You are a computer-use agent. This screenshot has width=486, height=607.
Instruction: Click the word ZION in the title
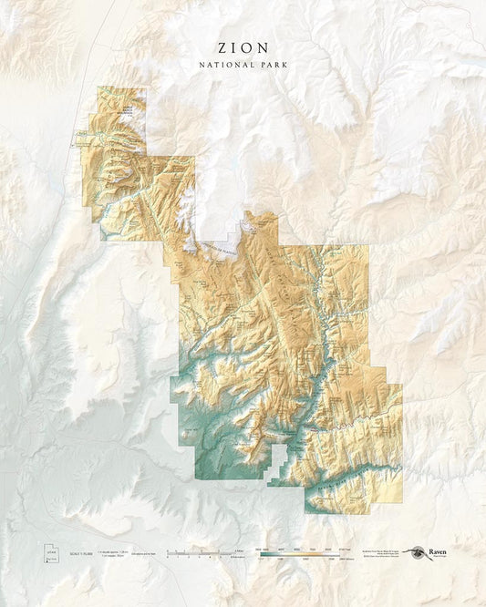pos(243,46)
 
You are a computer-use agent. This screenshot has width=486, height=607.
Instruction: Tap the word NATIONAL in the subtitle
pos(226,66)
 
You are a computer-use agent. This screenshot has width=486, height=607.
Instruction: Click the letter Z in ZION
pos(221,46)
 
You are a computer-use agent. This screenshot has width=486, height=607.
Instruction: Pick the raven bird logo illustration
pos(417,552)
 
